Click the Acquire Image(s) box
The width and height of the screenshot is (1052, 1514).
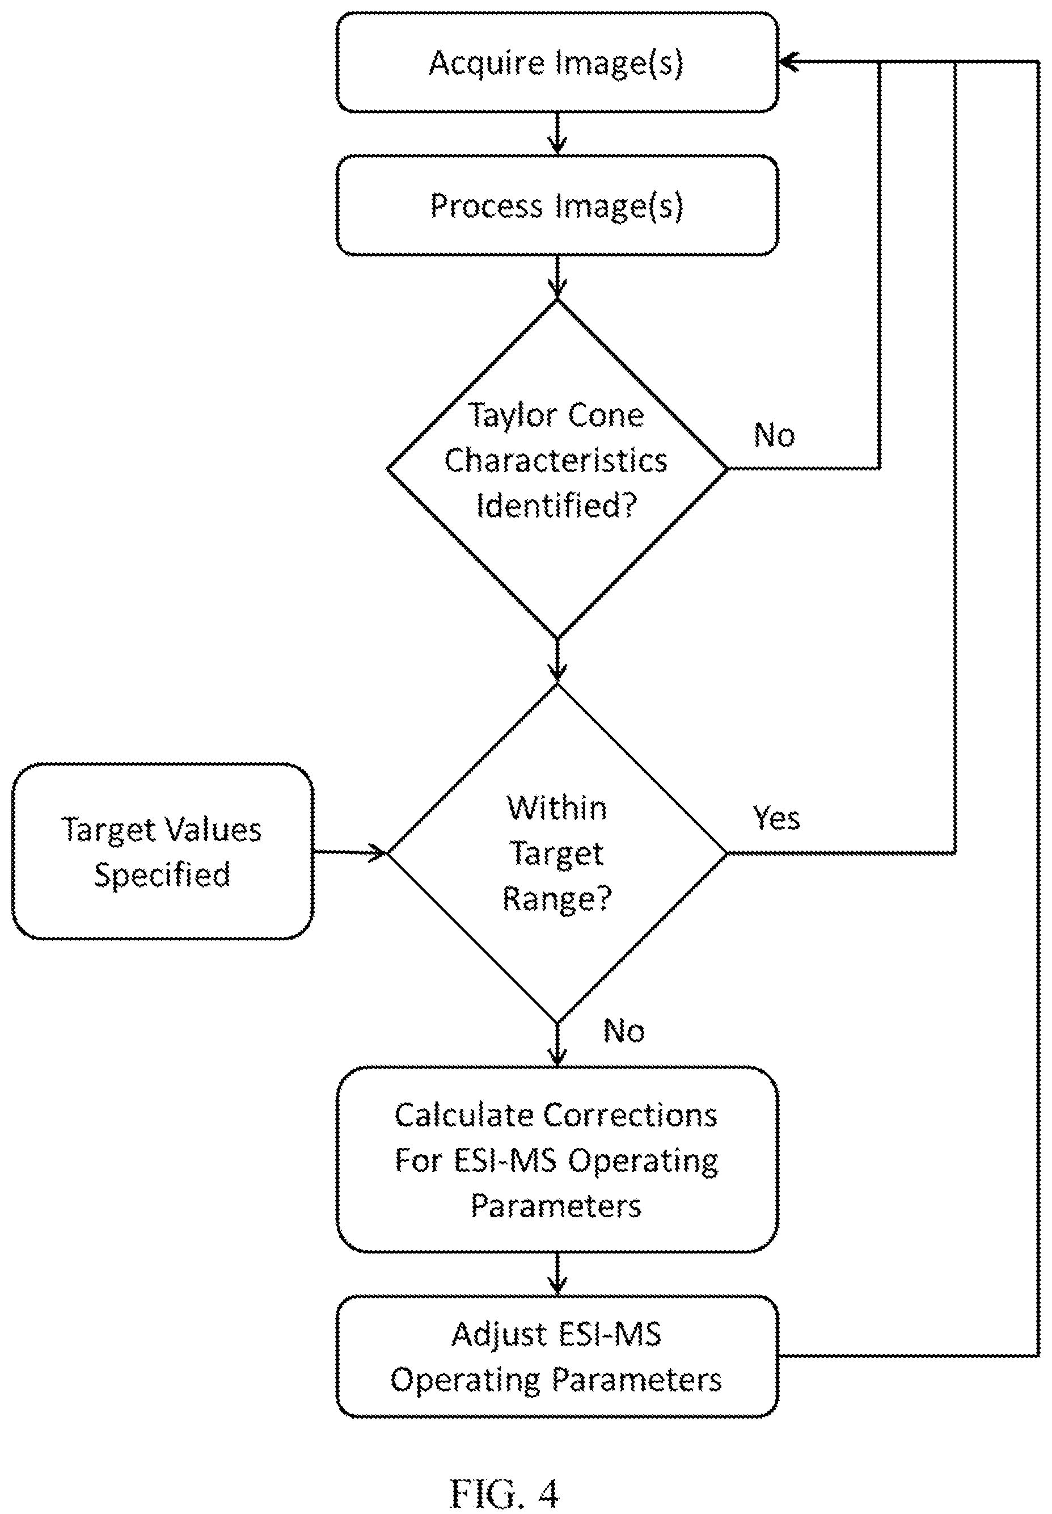pyautogui.click(x=557, y=62)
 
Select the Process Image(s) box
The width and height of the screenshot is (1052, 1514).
pyautogui.click(x=557, y=205)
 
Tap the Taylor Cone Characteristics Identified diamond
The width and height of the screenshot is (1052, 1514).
pyautogui.click(x=557, y=469)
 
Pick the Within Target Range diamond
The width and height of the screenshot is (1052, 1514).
pyautogui.click(x=557, y=852)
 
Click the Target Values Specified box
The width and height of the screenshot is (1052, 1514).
pyautogui.click(x=163, y=851)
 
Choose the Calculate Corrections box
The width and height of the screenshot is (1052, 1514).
pyautogui.click(x=557, y=1159)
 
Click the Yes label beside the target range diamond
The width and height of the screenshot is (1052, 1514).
pyautogui.click(x=776, y=818)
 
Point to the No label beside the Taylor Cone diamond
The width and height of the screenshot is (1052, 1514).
pyautogui.click(x=775, y=435)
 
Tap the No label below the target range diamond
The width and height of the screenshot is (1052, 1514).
pyautogui.click(x=624, y=1031)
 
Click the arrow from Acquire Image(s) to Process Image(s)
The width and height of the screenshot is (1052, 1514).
pyautogui.click(x=557, y=134)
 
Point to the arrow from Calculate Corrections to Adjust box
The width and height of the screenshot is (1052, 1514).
pyautogui.click(x=557, y=1274)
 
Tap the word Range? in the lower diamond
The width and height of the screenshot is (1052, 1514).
pyautogui.click(x=557, y=899)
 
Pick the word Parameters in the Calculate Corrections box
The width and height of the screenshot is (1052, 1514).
pyautogui.click(x=556, y=1206)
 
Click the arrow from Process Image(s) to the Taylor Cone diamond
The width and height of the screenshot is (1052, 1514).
pyautogui.click(x=557, y=277)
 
